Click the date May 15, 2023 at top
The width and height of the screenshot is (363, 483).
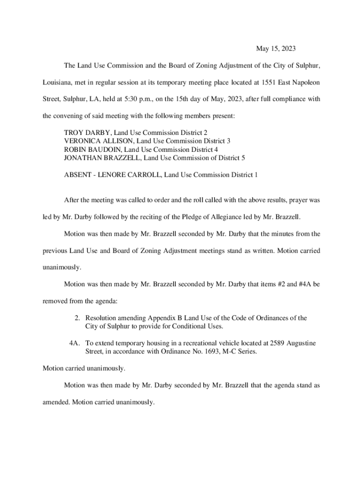pos(277,49)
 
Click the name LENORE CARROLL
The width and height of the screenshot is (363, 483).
pos(129,175)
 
